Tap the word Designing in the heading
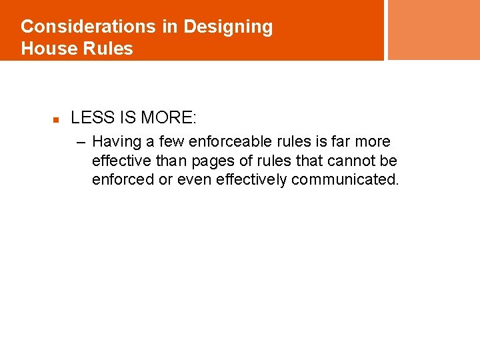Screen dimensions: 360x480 point(228,27)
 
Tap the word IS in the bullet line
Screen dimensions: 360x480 point(127,119)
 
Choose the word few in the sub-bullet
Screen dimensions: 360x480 point(171,142)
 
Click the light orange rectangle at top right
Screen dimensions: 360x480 point(433,29)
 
